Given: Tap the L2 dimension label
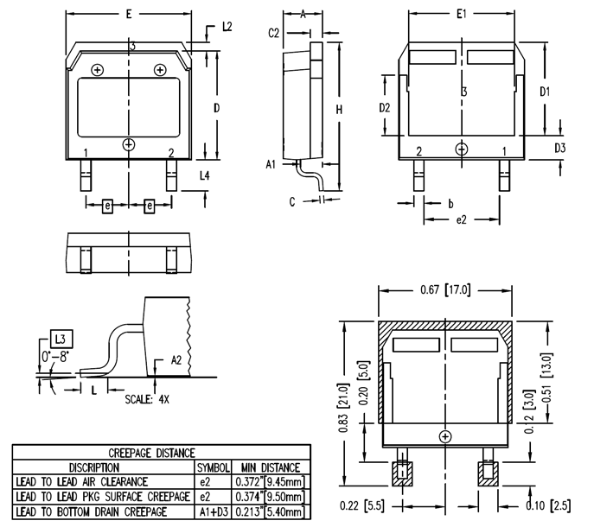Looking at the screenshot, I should (x=227, y=27).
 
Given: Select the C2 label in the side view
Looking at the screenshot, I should (x=274, y=33).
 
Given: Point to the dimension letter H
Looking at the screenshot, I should (x=340, y=110).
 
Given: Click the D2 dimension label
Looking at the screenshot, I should (x=386, y=108).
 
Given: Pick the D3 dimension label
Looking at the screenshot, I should (x=559, y=148).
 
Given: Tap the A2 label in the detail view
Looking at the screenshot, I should (x=176, y=359).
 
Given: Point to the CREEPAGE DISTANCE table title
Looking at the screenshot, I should (x=151, y=452).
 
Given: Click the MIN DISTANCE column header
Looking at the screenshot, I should (x=270, y=467).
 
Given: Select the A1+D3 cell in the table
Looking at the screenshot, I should (x=214, y=512).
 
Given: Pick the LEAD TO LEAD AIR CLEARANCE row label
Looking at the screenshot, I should (x=82, y=481).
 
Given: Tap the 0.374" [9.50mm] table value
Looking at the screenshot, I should (x=270, y=497).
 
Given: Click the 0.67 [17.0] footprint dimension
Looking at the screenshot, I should (x=444, y=289).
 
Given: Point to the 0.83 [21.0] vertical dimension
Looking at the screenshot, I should (x=343, y=407).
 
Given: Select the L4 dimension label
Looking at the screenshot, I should (x=204, y=175).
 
